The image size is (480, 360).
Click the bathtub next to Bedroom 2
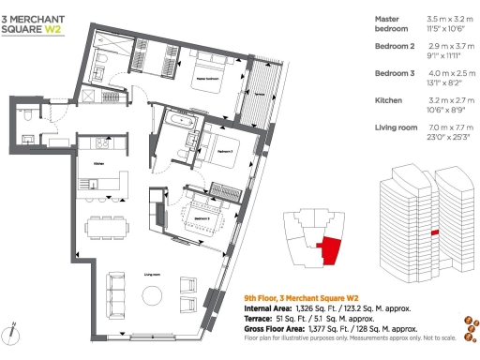point(175,122)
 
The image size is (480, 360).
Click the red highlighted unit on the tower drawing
point(433,232)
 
